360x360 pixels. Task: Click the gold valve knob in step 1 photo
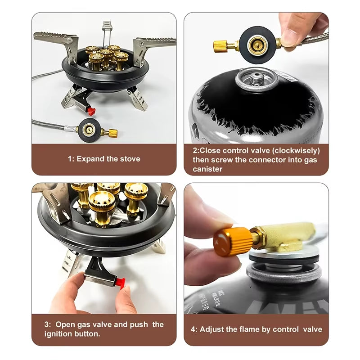pos(111,133)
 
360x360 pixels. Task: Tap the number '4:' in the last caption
pos(194,329)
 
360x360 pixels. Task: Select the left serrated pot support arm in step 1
pos(54,38)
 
